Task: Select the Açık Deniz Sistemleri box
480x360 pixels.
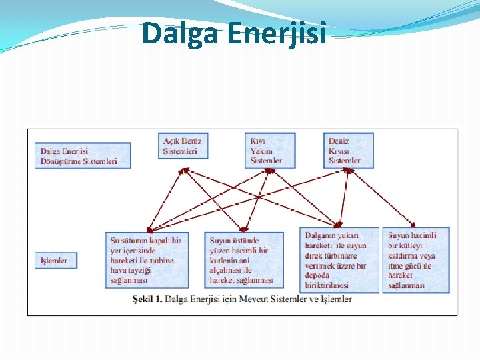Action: coord(184,147)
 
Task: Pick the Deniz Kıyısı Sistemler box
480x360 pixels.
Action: coord(350,151)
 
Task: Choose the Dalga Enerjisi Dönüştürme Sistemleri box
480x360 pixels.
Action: coord(82,156)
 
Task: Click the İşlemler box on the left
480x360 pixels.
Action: coord(55,261)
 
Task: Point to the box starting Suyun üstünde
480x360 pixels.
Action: coord(245,261)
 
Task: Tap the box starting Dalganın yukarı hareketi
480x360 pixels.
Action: coord(341,261)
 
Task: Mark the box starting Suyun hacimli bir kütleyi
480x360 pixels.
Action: coord(415,260)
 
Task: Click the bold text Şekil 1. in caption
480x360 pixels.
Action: coord(147,299)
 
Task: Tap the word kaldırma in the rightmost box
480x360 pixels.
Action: coord(403,255)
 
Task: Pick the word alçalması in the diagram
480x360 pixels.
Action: coord(226,271)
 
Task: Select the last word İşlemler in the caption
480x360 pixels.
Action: coord(335,299)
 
